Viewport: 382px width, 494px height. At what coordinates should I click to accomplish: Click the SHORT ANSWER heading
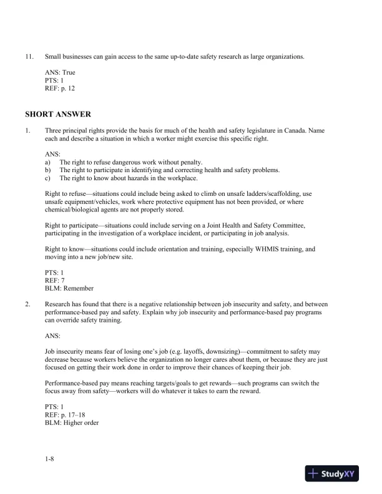click(58, 114)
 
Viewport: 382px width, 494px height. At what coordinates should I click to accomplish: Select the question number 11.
click(29, 57)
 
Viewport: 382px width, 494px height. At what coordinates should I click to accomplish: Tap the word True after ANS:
click(68, 73)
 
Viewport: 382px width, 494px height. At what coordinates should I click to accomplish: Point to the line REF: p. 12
click(60, 88)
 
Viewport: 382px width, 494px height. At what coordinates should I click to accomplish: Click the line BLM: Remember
click(69, 288)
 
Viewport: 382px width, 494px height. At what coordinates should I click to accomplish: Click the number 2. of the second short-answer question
click(27, 304)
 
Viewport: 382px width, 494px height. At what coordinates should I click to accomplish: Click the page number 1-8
click(50, 459)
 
